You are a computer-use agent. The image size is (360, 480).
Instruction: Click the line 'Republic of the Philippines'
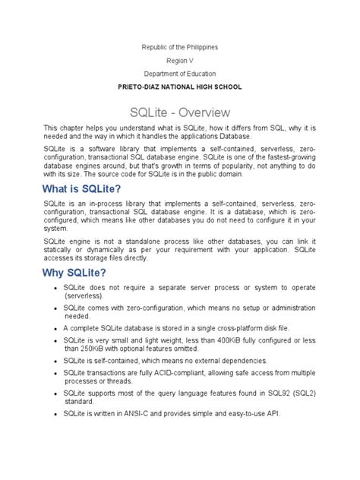[180, 47]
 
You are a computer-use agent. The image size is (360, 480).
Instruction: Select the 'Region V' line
[180, 61]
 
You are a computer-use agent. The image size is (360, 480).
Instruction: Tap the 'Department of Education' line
[180, 74]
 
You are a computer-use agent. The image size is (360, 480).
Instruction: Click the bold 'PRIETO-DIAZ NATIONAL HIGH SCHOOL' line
[180, 87]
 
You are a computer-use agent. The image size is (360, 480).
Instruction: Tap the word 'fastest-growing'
[280, 156]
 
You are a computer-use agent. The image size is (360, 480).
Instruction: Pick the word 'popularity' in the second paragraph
[240, 165]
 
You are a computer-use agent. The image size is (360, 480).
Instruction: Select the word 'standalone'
[144, 238]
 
